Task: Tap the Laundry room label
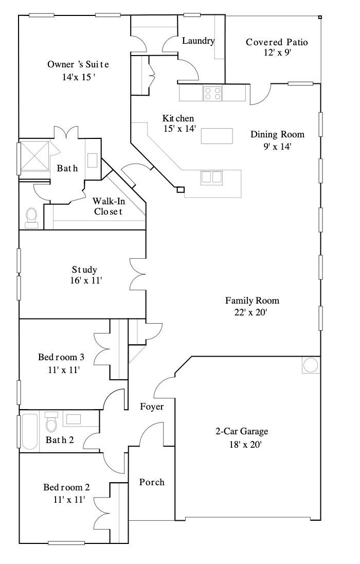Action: [198, 41]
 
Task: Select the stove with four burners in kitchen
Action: [212, 93]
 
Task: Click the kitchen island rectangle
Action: [217, 136]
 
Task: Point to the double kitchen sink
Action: [211, 177]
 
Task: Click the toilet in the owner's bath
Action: [31, 217]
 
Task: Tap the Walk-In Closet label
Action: [107, 206]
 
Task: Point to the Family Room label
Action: [252, 301]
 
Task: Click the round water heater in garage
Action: [311, 365]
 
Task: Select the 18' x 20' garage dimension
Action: [241, 443]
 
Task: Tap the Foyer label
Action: [152, 407]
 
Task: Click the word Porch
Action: [152, 482]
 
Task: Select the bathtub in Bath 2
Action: [30, 431]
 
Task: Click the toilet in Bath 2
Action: [51, 423]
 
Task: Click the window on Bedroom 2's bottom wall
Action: [66, 542]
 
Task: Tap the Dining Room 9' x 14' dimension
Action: [277, 146]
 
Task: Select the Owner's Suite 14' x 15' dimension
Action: [78, 77]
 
